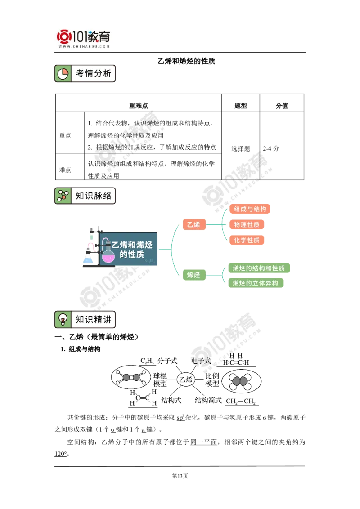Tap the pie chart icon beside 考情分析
pyautogui.click(x=63, y=74)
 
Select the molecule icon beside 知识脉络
pyautogui.click(x=63, y=196)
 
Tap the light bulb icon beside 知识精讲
pyautogui.click(x=63, y=320)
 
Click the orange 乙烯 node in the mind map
pyautogui.click(x=193, y=224)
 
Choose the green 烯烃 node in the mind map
pyautogui.click(x=193, y=275)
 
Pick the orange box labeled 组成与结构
pyautogui.click(x=250, y=209)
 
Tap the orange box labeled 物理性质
pyautogui.click(x=247, y=224)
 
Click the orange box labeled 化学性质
pyautogui.click(x=247, y=240)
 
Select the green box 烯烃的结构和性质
pyautogui.click(x=258, y=268)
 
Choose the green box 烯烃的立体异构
pyautogui.click(x=255, y=283)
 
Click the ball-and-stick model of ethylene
pyautogui.click(x=130, y=377)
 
